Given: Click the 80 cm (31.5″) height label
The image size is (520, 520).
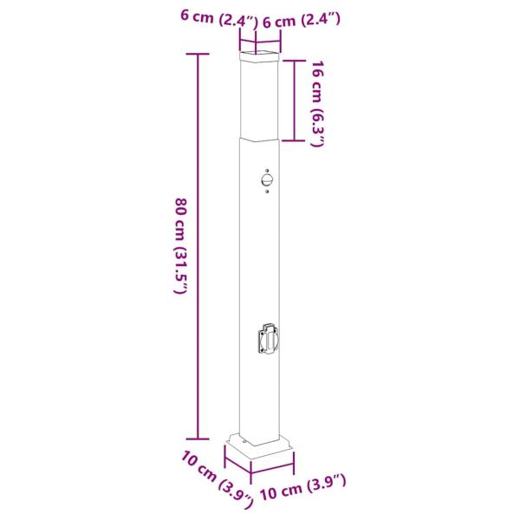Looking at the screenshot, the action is click(182, 246).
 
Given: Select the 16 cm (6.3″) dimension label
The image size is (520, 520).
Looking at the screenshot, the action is click(317, 103).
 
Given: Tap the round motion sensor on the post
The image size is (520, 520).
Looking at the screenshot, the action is click(267, 181).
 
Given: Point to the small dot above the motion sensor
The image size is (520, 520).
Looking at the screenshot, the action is click(267, 171).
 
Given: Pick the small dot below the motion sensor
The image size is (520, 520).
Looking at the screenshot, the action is click(267, 192).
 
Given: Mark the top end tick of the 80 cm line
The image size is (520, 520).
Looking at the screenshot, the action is click(198, 54).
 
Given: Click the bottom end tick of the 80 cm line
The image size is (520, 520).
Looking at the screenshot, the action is click(198, 439).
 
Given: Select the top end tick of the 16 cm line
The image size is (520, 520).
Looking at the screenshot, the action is click(294, 61).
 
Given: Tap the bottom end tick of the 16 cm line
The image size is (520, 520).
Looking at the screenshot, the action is click(294, 141).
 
